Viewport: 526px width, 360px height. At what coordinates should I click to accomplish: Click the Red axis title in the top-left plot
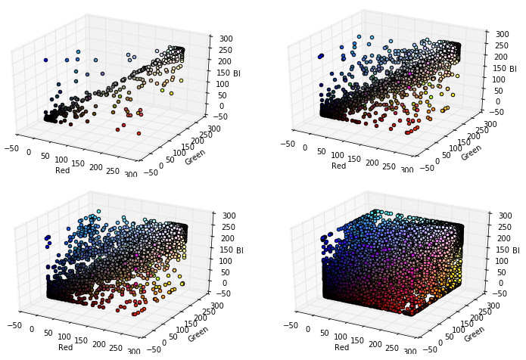click(x=63, y=170)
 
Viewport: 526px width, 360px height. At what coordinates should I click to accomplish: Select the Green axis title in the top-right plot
click(x=471, y=151)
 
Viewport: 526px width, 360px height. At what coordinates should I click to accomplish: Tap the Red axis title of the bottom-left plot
click(x=63, y=347)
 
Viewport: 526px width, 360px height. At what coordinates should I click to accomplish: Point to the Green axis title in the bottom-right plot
click(x=471, y=330)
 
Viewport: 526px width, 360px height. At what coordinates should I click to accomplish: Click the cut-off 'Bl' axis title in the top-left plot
click(x=236, y=73)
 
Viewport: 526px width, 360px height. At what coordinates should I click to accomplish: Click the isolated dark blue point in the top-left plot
click(x=45, y=60)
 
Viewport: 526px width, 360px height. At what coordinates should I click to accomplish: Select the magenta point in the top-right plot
click(x=410, y=74)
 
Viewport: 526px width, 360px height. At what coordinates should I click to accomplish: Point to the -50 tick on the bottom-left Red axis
click(x=11, y=326)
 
